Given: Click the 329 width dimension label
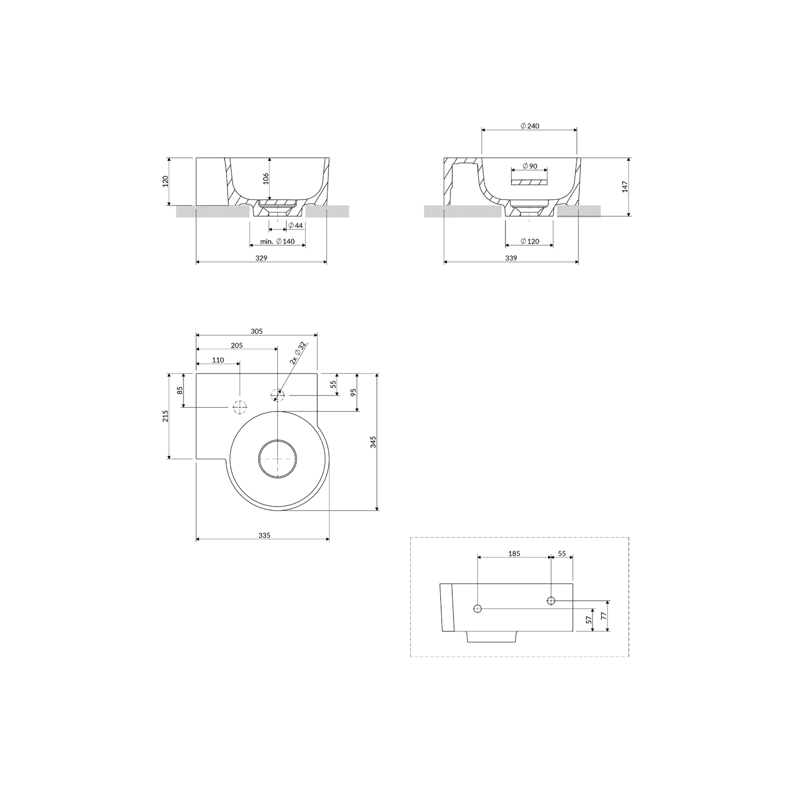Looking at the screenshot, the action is (261, 258).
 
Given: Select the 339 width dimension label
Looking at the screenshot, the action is (511, 258).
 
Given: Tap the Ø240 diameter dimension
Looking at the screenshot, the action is (530, 126).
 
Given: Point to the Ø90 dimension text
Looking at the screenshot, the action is (530, 166).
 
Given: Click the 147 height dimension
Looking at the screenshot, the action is (625, 187).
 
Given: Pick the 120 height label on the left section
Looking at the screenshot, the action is (165, 181).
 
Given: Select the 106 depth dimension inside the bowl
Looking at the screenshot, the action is (266, 178).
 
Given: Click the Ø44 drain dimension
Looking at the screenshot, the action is (296, 226).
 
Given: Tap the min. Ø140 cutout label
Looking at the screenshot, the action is (277, 242).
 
